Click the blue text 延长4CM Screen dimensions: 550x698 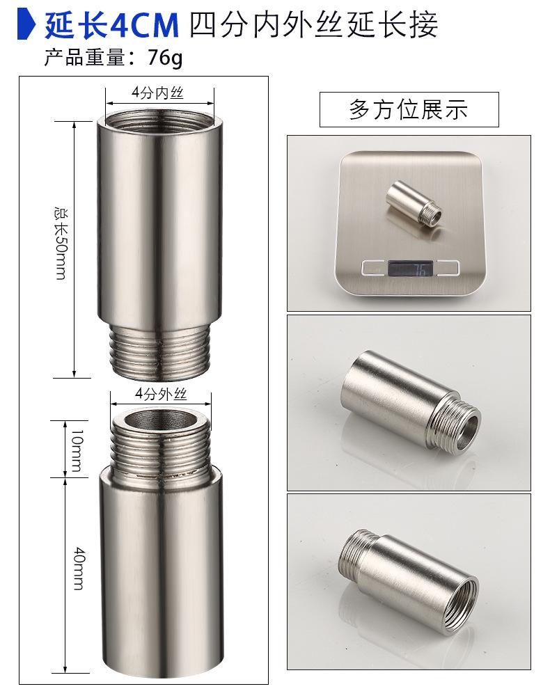[111, 25]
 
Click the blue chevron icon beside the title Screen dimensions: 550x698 [26, 25]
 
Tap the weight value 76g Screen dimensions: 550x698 [165, 58]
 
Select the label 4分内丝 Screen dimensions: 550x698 [157, 93]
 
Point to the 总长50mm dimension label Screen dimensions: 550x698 [61, 243]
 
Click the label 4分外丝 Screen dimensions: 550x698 [161, 394]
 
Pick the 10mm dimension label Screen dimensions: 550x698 [77, 450]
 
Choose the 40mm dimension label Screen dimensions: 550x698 [79, 569]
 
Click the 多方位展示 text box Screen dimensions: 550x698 [409, 109]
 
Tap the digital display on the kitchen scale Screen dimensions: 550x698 [410, 269]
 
